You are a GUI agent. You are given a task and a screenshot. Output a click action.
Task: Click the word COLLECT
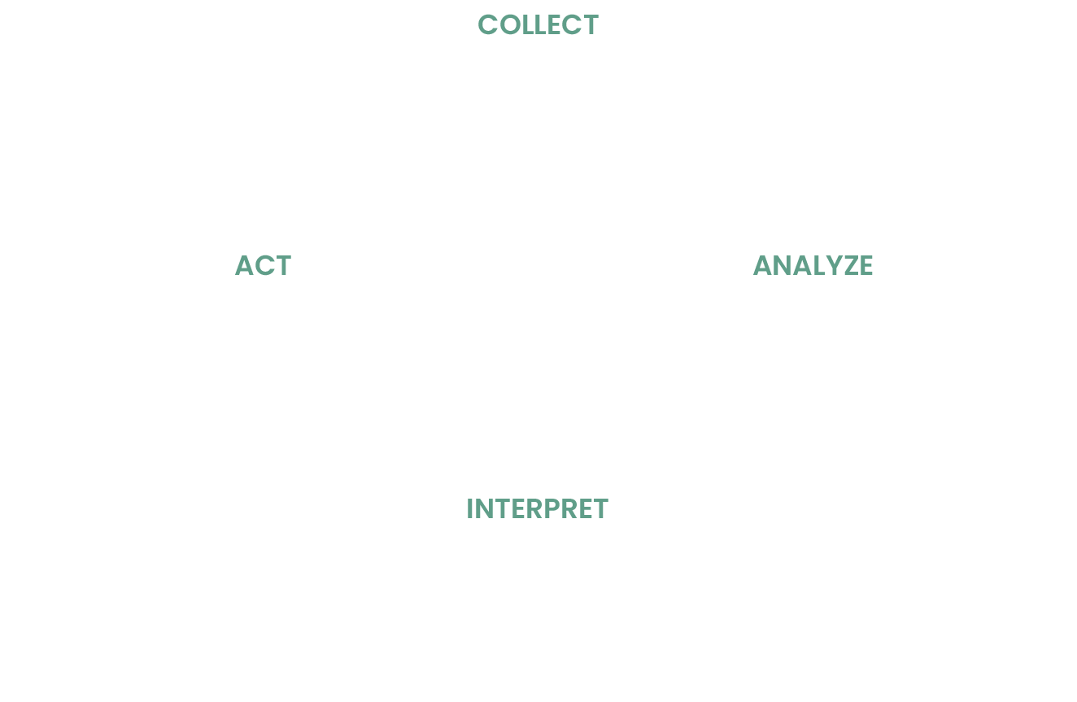tap(538, 25)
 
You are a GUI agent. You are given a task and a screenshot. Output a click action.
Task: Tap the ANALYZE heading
tap(813, 266)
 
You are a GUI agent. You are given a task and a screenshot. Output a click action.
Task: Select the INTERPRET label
tap(537, 509)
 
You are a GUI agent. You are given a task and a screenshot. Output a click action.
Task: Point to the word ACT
tap(263, 266)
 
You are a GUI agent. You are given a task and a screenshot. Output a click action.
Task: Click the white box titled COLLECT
tap(538, 122)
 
